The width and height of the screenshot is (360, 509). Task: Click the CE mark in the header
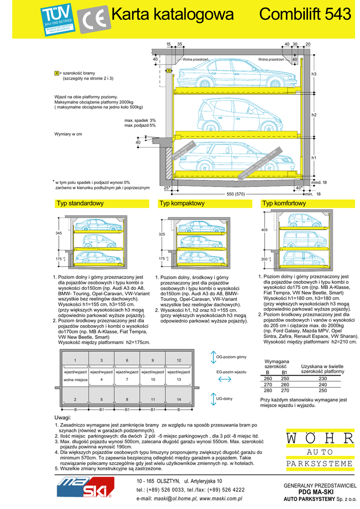click(93, 21)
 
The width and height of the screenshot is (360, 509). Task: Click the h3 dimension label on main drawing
click(314, 74)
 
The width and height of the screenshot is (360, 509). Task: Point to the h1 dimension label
click(314, 158)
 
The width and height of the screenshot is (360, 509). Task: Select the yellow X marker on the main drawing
click(169, 71)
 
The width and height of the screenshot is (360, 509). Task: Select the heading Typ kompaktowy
click(181, 204)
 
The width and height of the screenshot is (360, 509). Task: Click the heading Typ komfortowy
click(283, 204)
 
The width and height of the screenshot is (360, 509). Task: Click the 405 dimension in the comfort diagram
click(264, 230)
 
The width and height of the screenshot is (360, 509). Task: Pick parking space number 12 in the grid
click(179, 360)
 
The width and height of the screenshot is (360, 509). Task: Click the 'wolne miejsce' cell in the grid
click(76, 380)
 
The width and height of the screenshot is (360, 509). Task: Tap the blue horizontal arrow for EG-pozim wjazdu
click(225, 379)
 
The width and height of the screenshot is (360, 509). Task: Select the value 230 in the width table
click(323, 378)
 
